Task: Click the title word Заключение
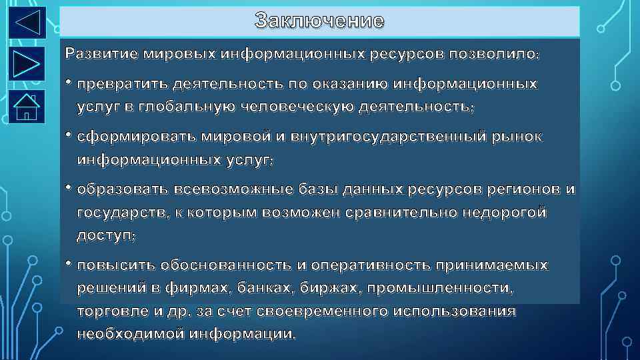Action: click(x=319, y=21)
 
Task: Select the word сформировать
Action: click(x=133, y=137)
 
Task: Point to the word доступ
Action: click(x=105, y=235)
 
